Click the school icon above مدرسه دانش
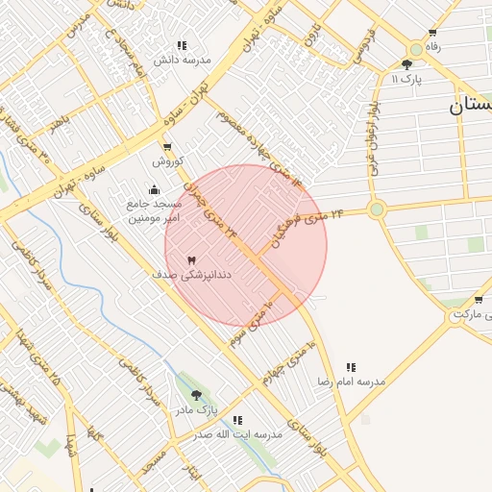click(181, 45)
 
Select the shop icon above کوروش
click(168, 148)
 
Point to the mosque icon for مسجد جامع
click(155, 189)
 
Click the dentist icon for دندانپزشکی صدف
click(190, 260)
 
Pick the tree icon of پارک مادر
click(197, 395)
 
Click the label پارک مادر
click(196, 409)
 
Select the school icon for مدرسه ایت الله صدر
click(237, 420)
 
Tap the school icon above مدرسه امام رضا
click(351, 367)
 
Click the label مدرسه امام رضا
click(352, 381)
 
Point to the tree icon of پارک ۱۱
click(407, 64)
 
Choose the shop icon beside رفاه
click(415, 47)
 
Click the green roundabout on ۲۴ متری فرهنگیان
click(377, 209)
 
